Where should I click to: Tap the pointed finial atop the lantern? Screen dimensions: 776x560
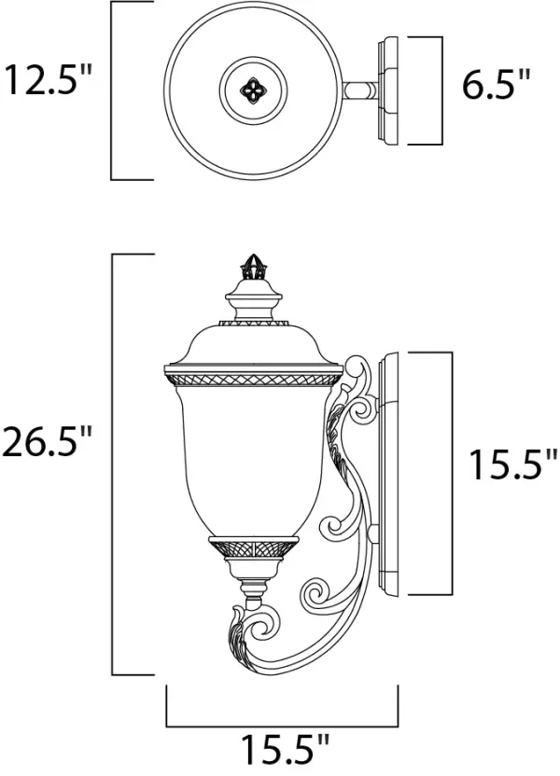(x=250, y=267)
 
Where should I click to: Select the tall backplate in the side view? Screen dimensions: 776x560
(x=390, y=474)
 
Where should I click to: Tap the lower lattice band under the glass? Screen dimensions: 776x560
(x=250, y=548)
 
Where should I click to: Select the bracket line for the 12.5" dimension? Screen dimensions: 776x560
(x=113, y=90)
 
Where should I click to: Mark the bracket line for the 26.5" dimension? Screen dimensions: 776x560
(x=113, y=464)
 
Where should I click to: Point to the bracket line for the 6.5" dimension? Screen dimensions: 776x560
(x=439, y=90)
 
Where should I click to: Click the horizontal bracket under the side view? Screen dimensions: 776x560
(x=282, y=726)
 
